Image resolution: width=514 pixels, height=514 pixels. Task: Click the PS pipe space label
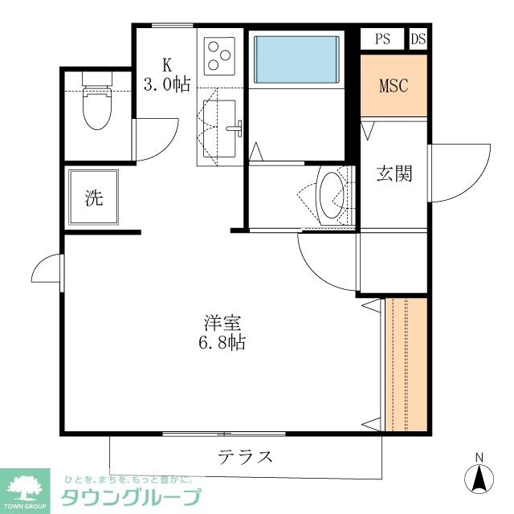[382, 39]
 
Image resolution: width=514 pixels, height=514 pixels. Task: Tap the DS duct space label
[418, 39]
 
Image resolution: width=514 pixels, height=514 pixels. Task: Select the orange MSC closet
[394, 85]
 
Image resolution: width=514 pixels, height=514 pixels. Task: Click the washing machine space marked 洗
[94, 198]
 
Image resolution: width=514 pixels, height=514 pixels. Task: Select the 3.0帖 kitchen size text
[167, 84]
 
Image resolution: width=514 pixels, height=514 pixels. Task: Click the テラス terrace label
[245, 458]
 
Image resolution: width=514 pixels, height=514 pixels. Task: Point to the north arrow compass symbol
[479, 479]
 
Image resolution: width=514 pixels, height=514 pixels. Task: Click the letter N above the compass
[479, 459]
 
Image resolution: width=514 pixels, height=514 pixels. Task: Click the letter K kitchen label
[168, 64]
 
